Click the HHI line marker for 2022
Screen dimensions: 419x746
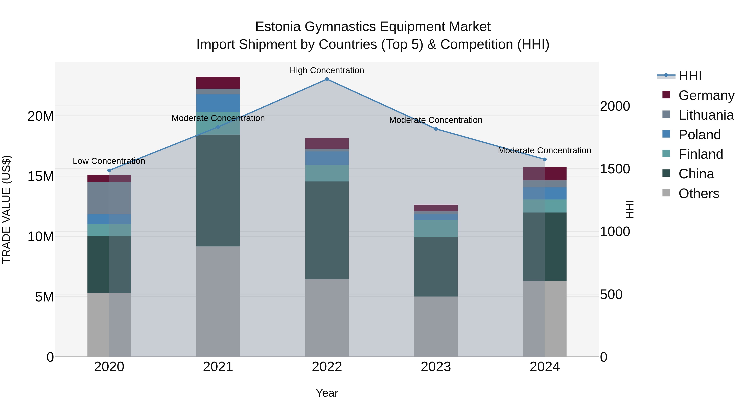pos(327,79)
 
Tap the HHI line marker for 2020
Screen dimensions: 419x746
pos(109,170)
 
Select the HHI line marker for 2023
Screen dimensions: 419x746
pos(436,129)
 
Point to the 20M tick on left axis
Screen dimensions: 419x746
pos(41,116)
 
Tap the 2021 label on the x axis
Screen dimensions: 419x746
pos(218,367)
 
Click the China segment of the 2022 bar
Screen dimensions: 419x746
pos(327,230)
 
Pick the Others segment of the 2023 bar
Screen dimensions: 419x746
pos(436,327)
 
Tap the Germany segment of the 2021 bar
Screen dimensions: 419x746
pos(218,83)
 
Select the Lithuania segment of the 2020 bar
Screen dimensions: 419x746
pos(109,198)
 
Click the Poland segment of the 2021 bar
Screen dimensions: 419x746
pos(218,103)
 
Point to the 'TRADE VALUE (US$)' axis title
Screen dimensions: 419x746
pos(7,209)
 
